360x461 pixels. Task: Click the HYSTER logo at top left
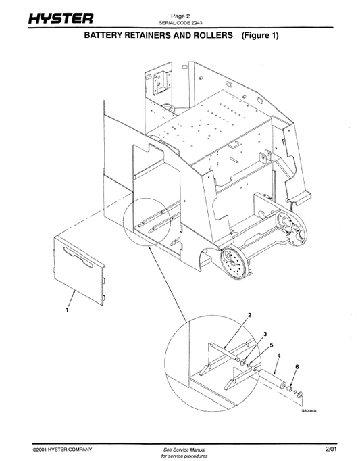click(x=61, y=18)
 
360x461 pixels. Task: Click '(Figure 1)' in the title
click(x=260, y=36)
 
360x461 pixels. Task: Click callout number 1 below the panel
click(x=68, y=310)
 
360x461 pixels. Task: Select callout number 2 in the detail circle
click(x=249, y=315)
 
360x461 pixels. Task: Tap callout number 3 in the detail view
click(x=265, y=334)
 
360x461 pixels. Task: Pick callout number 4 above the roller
click(x=279, y=356)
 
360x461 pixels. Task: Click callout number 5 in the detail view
click(x=272, y=345)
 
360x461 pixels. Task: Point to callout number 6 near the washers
click(x=297, y=367)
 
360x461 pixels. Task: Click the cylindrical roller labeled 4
click(x=272, y=379)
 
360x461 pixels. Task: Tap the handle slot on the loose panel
click(x=78, y=256)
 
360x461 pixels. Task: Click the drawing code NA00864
click(x=309, y=411)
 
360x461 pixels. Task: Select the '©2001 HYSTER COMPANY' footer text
click(x=62, y=450)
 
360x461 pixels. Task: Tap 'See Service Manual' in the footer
click(x=184, y=450)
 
